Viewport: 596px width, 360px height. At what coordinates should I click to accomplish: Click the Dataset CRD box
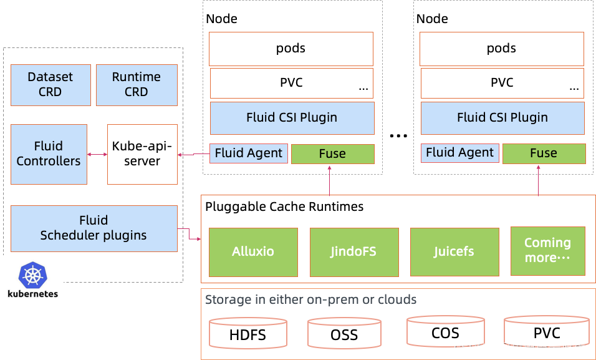point(50,84)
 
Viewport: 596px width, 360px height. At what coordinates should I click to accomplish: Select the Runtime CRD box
point(137,84)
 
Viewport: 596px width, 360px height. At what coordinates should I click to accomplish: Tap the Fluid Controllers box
point(49,153)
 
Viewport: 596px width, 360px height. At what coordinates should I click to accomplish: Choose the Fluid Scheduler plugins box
point(94,228)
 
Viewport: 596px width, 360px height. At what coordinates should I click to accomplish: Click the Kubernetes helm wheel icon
point(31,275)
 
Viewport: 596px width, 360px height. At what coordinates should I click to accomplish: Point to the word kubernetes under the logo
point(32,293)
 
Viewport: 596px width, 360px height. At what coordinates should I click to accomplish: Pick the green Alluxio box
point(253,252)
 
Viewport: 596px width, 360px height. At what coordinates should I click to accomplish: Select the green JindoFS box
point(354,252)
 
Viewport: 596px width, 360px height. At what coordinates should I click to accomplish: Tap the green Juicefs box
point(454,252)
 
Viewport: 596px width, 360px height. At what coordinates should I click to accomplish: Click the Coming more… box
point(547,250)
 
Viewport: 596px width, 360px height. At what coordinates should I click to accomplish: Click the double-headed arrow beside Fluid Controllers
point(97,154)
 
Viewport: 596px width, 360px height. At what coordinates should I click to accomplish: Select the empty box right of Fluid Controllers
point(142,154)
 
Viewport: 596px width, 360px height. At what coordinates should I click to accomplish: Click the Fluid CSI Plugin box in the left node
point(292,117)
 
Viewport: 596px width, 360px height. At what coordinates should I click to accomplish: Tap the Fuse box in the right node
point(544,153)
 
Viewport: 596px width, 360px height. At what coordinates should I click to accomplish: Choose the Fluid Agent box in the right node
point(459,153)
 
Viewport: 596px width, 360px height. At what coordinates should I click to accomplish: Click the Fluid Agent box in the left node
point(249,153)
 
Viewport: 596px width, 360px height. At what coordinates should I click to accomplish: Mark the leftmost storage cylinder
point(248,333)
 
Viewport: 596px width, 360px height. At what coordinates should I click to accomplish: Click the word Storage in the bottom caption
point(228,299)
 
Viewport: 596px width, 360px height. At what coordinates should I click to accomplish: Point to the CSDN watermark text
point(469,348)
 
